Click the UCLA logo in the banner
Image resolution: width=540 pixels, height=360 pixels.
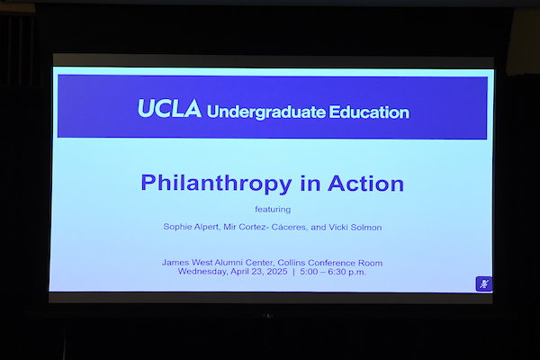(169, 109)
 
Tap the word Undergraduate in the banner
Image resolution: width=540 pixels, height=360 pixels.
(265, 112)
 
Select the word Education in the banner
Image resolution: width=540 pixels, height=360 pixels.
(369, 112)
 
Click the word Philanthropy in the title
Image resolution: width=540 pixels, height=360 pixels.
(216, 184)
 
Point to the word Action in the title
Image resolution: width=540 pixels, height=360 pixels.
(365, 184)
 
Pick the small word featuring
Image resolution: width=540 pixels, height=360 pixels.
(273, 210)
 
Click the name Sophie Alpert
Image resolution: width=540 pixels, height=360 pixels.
(191, 227)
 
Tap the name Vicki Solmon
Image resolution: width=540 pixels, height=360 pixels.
(355, 228)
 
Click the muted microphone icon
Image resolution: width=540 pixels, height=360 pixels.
(484, 283)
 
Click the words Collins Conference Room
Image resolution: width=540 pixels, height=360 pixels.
(330, 263)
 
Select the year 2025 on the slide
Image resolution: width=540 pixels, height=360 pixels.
(277, 272)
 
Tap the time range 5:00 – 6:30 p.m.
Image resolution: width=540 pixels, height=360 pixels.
(333, 272)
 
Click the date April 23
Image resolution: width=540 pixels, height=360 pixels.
(247, 272)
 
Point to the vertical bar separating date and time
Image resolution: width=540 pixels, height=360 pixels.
(293, 272)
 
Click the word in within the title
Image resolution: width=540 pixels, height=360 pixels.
(310, 184)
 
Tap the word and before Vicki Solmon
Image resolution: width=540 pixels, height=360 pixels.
(319, 228)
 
